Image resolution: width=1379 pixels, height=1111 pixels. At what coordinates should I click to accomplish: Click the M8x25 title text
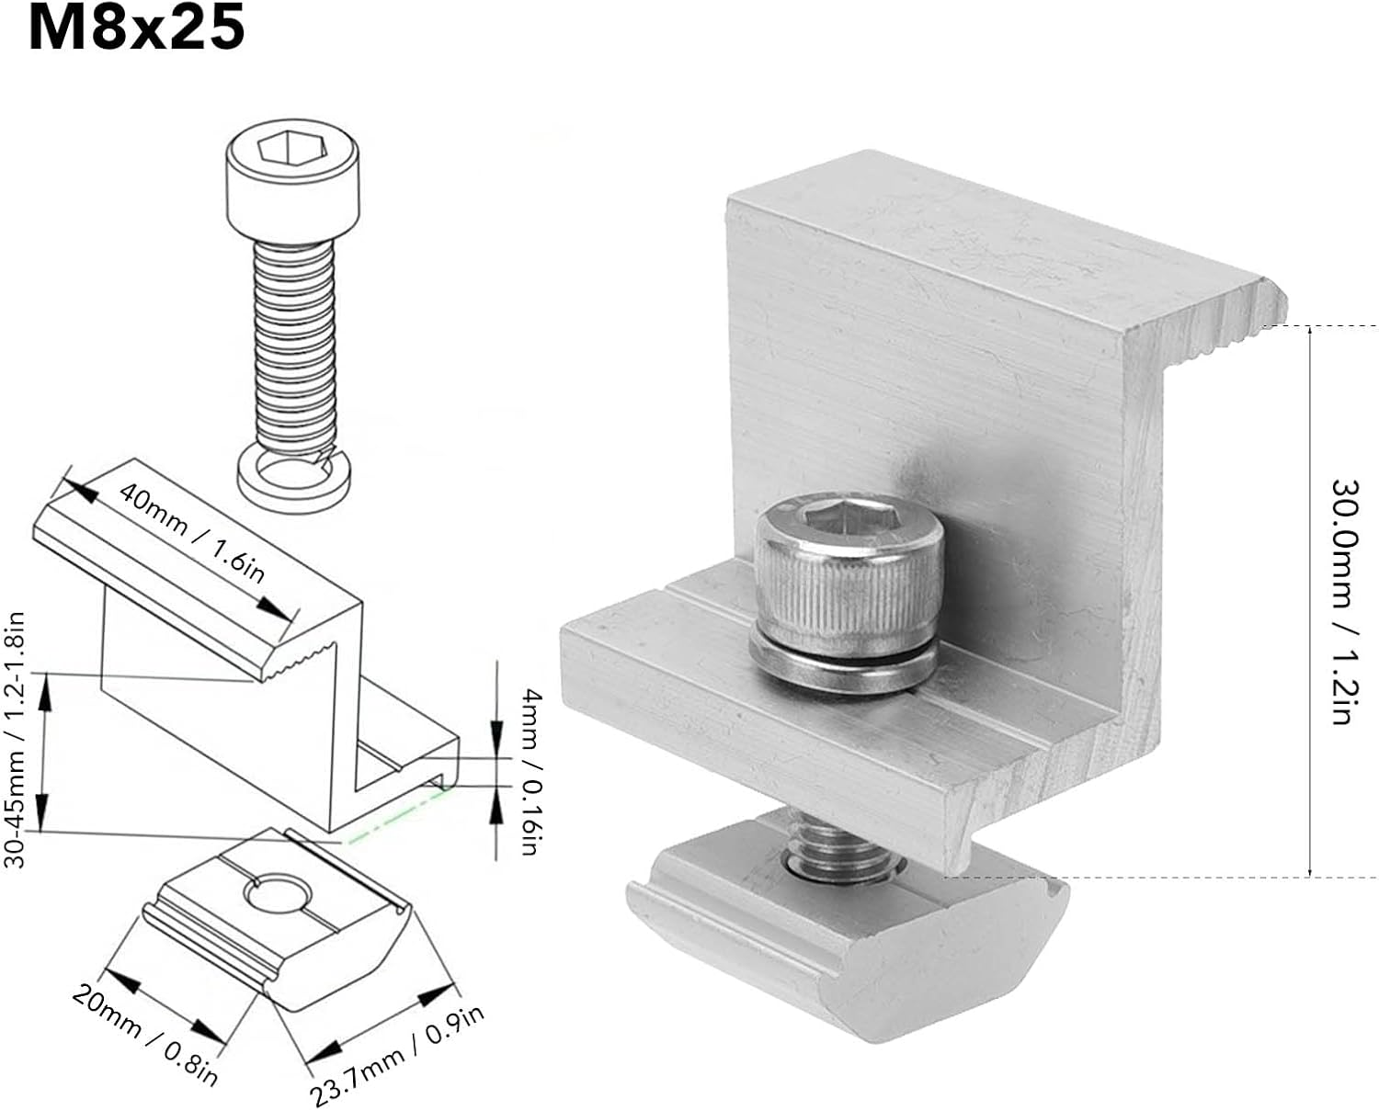click(136, 28)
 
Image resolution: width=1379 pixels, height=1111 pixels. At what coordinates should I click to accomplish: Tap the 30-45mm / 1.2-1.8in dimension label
click(16, 741)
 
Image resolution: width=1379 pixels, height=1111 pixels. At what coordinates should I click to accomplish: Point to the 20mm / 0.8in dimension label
click(145, 1035)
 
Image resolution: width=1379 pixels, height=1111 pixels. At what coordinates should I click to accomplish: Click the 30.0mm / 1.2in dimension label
click(1341, 601)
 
